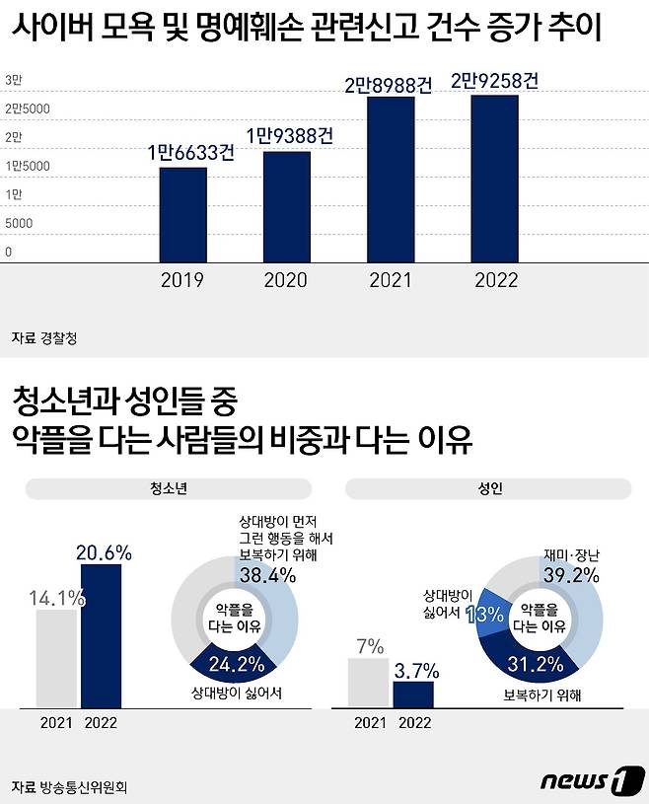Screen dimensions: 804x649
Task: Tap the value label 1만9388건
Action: tap(287, 134)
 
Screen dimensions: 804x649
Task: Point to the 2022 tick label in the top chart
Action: tap(496, 281)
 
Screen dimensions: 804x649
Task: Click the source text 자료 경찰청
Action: tap(44, 337)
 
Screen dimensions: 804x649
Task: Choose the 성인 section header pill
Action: tap(488, 489)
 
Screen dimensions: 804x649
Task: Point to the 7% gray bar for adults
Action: tap(368, 683)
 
